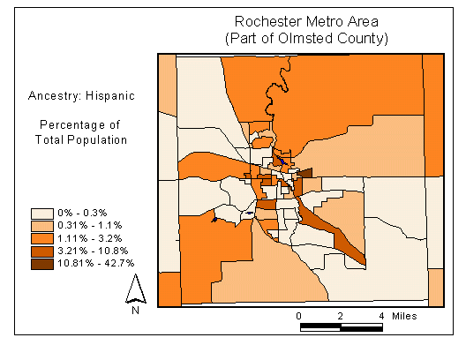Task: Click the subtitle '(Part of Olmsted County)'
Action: click(x=306, y=38)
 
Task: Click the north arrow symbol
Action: click(x=135, y=289)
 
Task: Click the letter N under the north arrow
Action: click(x=135, y=310)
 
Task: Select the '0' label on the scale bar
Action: click(x=300, y=316)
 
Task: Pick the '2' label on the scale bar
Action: click(x=340, y=316)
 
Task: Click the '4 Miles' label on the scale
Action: click(x=397, y=316)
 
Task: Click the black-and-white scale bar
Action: click(x=341, y=327)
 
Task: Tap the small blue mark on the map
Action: click(x=214, y=220)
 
